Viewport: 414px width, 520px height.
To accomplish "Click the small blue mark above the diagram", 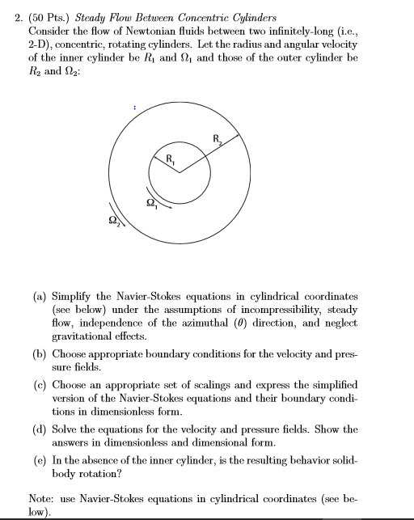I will click(x=134, y=105).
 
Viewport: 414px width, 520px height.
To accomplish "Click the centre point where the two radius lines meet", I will click(x=180, y=172).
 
